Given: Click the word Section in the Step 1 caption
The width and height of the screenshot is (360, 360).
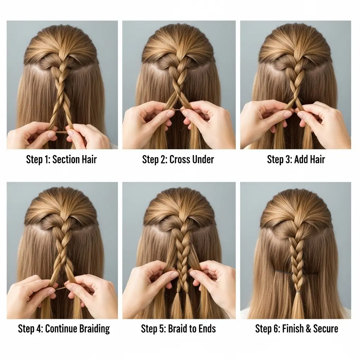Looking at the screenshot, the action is coord(67,159).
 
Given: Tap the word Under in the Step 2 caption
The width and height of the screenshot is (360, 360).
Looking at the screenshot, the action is coord(203,159).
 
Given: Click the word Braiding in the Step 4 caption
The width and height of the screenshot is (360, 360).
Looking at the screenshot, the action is coord(94,329).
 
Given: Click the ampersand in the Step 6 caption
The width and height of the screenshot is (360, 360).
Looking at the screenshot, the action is coord(309,329).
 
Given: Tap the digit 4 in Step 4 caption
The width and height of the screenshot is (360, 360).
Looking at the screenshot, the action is coord(39,329).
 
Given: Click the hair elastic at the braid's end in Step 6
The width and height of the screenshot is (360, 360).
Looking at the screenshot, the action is coord(298,292).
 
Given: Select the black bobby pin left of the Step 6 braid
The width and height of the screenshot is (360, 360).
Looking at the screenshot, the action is coord(283,272).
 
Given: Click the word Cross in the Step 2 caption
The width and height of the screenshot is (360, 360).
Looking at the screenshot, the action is coord(180,159).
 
